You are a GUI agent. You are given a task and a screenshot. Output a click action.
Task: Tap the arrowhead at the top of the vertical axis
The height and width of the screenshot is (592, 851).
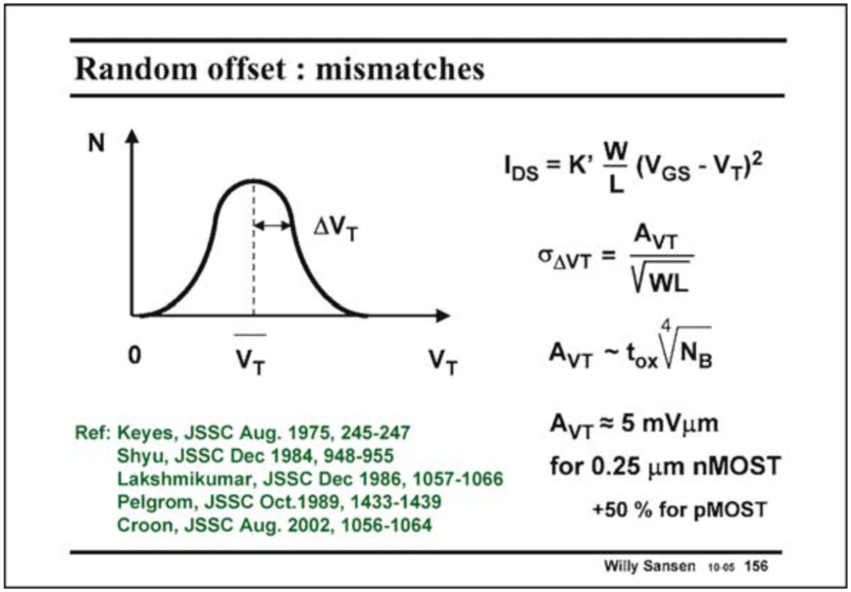[x=132, y=137]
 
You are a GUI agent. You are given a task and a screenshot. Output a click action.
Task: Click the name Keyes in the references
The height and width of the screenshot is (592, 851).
[x=135, y=433]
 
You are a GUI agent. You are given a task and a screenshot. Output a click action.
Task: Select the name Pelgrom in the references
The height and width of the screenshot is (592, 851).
[x=147, y=500]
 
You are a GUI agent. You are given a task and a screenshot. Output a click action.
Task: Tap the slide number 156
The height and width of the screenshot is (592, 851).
[x=756, y=565]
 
